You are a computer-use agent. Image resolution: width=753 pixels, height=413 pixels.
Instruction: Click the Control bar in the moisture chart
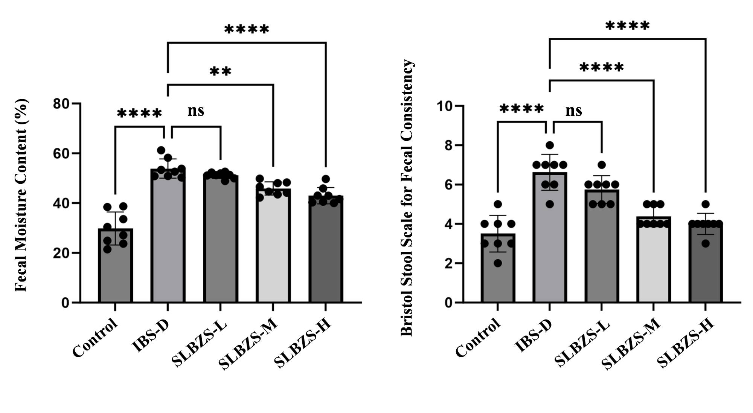point(115,271)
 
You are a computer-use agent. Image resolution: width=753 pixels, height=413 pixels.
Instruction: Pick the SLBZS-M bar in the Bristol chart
point(654,264)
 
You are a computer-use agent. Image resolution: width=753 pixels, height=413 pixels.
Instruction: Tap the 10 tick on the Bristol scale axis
point(444,106)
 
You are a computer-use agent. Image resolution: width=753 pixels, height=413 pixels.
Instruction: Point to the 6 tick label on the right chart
point(448,185)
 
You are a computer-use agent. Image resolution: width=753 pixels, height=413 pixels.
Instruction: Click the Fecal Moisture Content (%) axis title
point(21,195)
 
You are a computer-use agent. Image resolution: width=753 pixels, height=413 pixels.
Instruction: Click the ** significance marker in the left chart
point(220,71)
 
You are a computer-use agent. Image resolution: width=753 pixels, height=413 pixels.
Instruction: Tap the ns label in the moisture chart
point(196,111)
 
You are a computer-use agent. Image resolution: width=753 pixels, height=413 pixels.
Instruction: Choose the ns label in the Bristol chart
point(574,111)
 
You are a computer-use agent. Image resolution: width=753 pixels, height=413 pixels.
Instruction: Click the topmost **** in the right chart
point(627,26)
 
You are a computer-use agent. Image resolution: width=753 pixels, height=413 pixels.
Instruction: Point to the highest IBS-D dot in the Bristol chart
point(550,145)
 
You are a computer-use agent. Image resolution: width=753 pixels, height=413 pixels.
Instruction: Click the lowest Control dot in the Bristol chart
point(498,263)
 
